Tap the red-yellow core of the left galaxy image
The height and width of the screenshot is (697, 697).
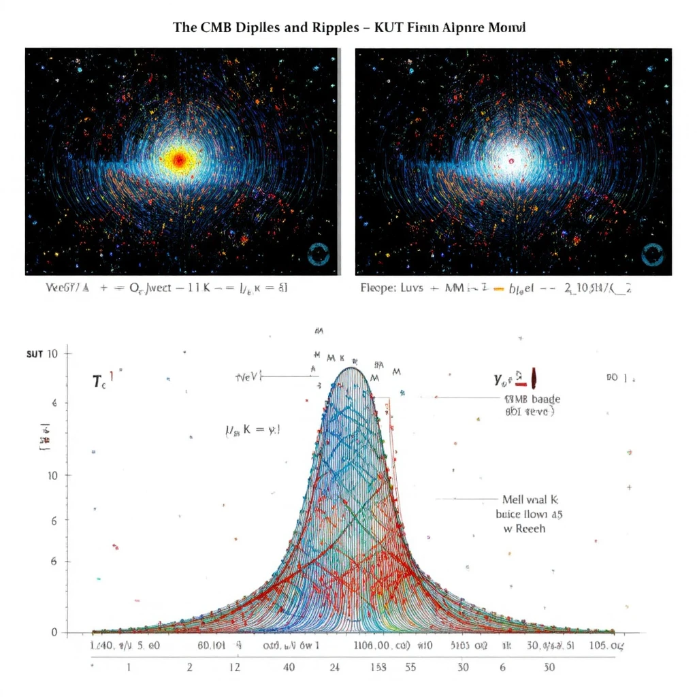(x=179, y=160)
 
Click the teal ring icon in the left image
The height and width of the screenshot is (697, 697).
(x=318, y=254)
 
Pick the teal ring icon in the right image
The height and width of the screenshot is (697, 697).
(x=652, y=254)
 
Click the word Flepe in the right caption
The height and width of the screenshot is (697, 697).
(x=376, y=288)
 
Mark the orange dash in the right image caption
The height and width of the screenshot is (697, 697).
(x=497, y=289)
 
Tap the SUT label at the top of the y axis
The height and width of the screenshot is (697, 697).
(x=35, y=354)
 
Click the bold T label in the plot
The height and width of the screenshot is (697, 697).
(x=97, y=381)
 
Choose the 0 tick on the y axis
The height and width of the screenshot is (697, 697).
(x=54, y=632)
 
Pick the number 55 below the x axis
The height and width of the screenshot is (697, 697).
(x=410, y=667)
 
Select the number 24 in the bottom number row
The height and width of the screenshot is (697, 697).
(x=334, y=667)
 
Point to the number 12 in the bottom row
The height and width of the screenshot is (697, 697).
(x=235, y=667)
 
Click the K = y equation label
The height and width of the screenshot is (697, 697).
(x=253, y=430)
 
